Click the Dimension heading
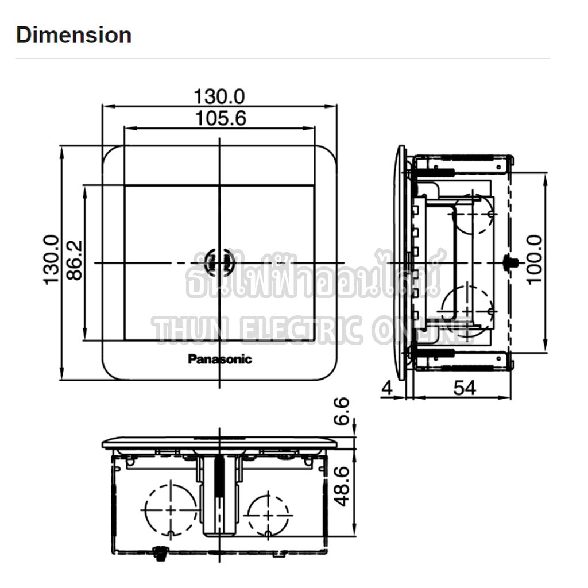pyautogui.click(x=73, y=35)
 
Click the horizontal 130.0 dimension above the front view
pyautogui.click(x=219, y=95)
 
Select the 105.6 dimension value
pyautogui.click(x=220, y=118)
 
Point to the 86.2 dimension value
pyautogui.click(x=74, y=260)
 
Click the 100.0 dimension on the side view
pyautogui.click(x=534, y=259)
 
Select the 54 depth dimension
pyautogui.click(x=464, y=388)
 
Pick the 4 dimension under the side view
pyautogui.click(x=387, y=388)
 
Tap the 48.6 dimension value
pyautogui.click(x=342, y=486)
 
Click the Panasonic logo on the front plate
pyautogui.click(x=220, y=359)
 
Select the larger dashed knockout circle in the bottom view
pyautogui.click(x=171, y=508)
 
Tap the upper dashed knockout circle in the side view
pyautogui.click(x=474, y=214)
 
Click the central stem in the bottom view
pyautogui.click(x=219, y=494)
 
